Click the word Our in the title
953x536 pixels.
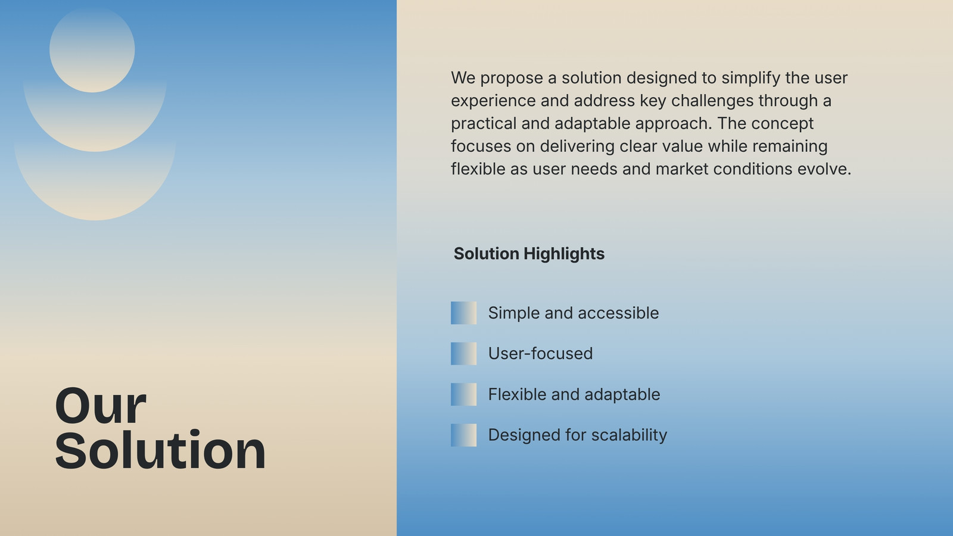[101, 406]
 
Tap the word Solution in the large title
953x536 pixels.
[160, 450]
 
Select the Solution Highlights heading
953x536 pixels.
[529, 254]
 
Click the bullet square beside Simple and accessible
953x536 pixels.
[464, 313]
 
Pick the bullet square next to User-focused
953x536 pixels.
[464, 354]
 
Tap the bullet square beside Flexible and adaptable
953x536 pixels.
[464, 394]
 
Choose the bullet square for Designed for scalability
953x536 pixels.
[464, 435]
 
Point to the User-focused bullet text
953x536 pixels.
[540, 354]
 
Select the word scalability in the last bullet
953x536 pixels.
[629, 435]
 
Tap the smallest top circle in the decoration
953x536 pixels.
[92, 49]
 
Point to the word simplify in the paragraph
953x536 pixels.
[751, 79]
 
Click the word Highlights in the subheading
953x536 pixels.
[564, 254]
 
